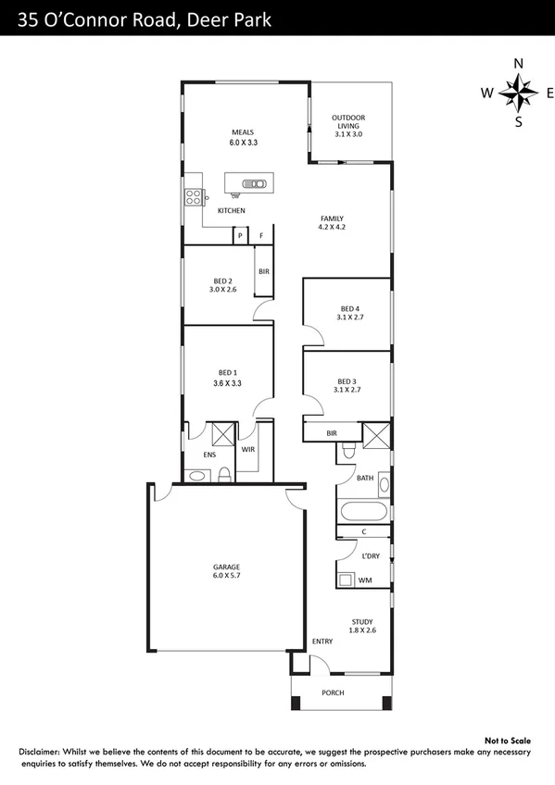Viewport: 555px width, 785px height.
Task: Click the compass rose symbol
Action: [x=518, y=93]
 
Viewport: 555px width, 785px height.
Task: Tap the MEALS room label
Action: [x=242, y=131]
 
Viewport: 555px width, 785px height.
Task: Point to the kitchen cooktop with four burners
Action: [x=195, y=196]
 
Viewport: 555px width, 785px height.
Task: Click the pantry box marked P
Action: [x=241, y=236]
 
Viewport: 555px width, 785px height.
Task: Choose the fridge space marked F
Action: [x=262, y=236]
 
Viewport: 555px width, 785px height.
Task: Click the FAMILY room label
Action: [x=332, y=218]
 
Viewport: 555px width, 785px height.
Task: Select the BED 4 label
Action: [x=349, y=308]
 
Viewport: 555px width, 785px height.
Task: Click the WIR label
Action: [x=247, y=449]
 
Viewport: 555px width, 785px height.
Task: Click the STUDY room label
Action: [x=361, y=621]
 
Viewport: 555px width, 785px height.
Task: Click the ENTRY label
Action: [x=322, y=641]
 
